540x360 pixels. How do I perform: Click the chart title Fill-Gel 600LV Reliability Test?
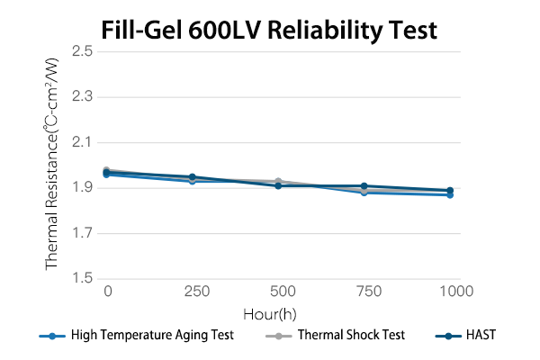click(269, 30)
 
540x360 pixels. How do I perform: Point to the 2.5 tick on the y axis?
click(83, 51)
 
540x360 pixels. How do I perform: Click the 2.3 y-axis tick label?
click(83, 96)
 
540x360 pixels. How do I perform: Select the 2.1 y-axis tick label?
click(83, 142)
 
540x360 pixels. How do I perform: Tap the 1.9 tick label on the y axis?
click(83, 188)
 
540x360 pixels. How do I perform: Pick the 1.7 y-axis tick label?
click(83, 234)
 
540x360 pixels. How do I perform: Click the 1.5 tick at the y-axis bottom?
click(83, 279)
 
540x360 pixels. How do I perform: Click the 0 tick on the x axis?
click(107, 292)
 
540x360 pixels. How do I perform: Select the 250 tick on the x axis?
click(194, 292)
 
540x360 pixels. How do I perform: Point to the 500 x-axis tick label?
click(283, 292)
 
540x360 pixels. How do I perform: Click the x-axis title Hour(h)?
click(269, 313)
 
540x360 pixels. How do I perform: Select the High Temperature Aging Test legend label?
click(152, 335)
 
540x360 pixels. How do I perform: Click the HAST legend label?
click(481, 335)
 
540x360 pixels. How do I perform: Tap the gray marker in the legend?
click(282, 335)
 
